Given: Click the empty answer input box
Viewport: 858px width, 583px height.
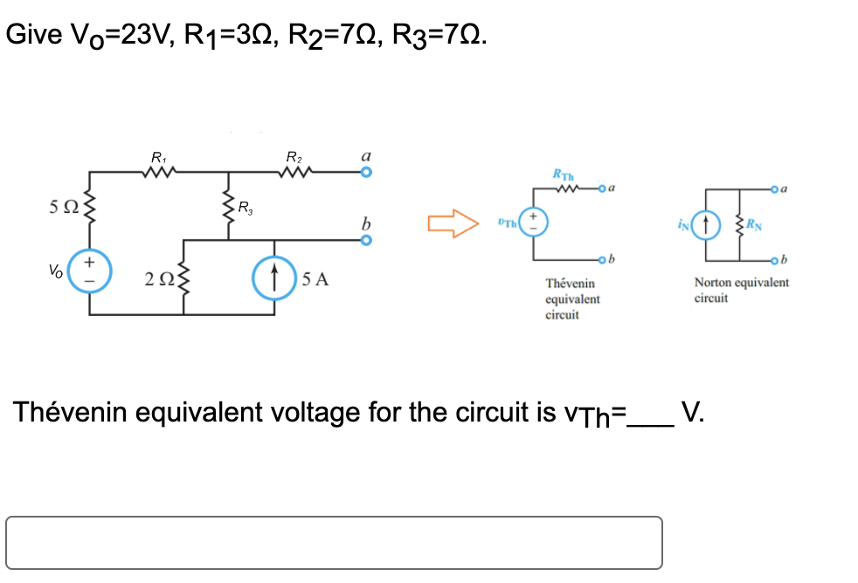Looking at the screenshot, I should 334,543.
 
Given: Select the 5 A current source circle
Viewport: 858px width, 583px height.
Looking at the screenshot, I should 273,279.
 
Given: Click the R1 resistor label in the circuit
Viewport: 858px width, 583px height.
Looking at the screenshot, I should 158,158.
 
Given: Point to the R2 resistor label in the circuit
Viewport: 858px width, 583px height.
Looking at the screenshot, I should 293,158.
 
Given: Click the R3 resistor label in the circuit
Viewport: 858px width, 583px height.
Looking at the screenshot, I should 247,208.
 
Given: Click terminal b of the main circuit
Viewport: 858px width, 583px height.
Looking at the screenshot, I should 367,238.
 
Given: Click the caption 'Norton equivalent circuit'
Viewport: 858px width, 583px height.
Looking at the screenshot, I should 741,290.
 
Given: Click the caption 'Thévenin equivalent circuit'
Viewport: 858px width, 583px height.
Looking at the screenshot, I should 572,298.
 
